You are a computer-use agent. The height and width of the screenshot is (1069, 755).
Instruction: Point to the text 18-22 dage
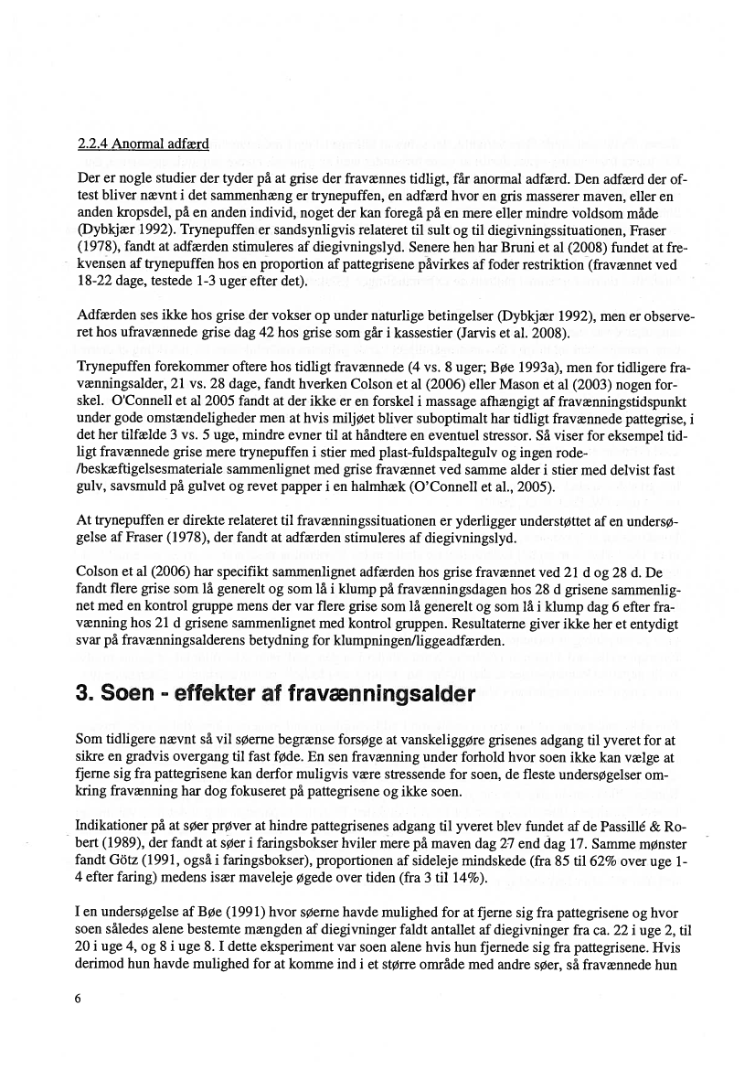point(109,282)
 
